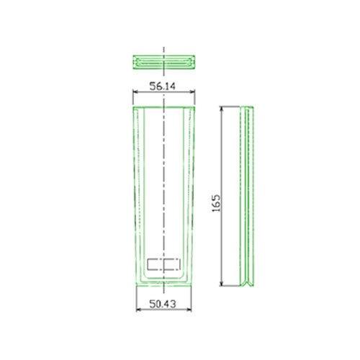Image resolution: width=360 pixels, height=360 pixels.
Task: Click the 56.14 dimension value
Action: [x=163, y=86]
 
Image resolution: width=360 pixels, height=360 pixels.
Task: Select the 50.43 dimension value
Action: [x=163, y=304]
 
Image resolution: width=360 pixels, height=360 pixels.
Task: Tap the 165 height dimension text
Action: [x=216, y=203]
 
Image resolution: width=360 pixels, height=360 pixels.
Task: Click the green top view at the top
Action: [x=164, y=62]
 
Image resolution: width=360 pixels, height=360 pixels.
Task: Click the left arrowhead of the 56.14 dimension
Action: [x=135, y=91]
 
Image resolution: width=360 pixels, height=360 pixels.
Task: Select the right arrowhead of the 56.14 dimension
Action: [x=192, y=91]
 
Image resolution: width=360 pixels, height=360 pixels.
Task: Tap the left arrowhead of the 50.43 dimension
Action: [x=138, y=310]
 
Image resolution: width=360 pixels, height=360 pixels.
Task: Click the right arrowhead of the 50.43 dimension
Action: [x=189, y=310]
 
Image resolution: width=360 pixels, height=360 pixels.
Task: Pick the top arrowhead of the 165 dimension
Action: [x=222, y=109]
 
